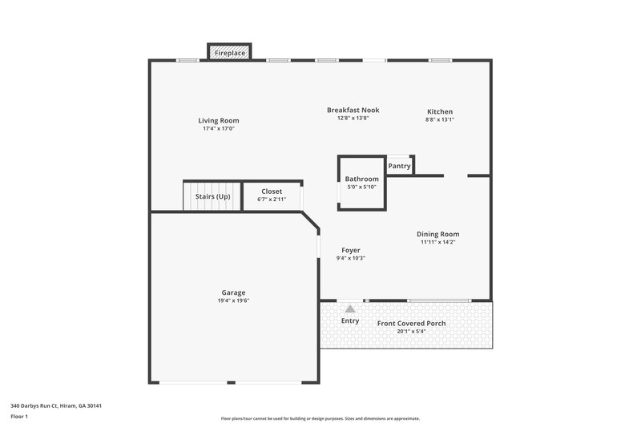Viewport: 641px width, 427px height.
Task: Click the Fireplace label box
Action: pos(230,52)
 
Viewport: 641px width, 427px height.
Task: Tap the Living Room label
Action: pos(219,121)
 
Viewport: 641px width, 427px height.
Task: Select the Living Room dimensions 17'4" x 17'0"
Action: pos(219,128)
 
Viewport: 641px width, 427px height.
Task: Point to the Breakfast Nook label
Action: pos(353,110)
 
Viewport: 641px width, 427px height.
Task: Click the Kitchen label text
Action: pos(440,111)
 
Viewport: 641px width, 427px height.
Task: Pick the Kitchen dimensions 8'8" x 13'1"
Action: pos(440,119)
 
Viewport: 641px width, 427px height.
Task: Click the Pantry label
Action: pos(399,167)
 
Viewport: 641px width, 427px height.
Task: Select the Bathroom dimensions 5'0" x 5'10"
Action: pos(361,187)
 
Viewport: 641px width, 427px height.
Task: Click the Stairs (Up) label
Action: pos(212,196)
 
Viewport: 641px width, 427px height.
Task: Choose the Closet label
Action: pos(272,192)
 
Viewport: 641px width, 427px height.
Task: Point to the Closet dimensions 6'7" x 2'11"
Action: pos(272,199)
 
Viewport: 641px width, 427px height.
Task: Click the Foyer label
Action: pos(350,250)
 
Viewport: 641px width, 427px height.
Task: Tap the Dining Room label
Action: pos(438,234)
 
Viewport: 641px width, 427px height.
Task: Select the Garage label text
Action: pos(233,292)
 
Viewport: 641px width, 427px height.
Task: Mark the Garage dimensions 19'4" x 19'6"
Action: pos(233,300)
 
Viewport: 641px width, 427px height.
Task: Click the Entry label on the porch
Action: pos(350,321)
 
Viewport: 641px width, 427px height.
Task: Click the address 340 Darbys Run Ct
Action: pos(55,405)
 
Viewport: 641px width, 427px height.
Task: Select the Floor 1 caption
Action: pos(19,417)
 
